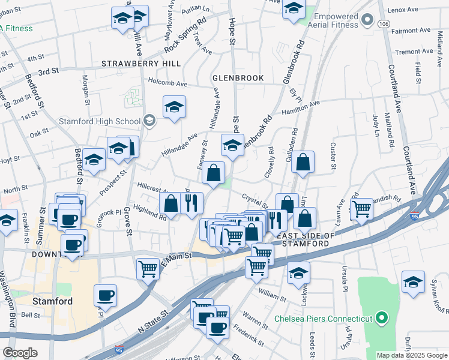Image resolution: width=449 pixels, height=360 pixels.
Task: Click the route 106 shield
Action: point(384,23)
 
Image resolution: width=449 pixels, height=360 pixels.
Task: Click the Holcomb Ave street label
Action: point(168,83)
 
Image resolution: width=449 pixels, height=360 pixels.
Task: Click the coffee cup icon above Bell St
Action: point(105,295)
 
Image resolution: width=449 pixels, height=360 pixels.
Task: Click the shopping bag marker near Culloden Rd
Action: point(304,161)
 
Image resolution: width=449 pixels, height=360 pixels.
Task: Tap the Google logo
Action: point(20,353)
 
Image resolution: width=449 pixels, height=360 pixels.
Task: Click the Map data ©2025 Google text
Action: point(411,355)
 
